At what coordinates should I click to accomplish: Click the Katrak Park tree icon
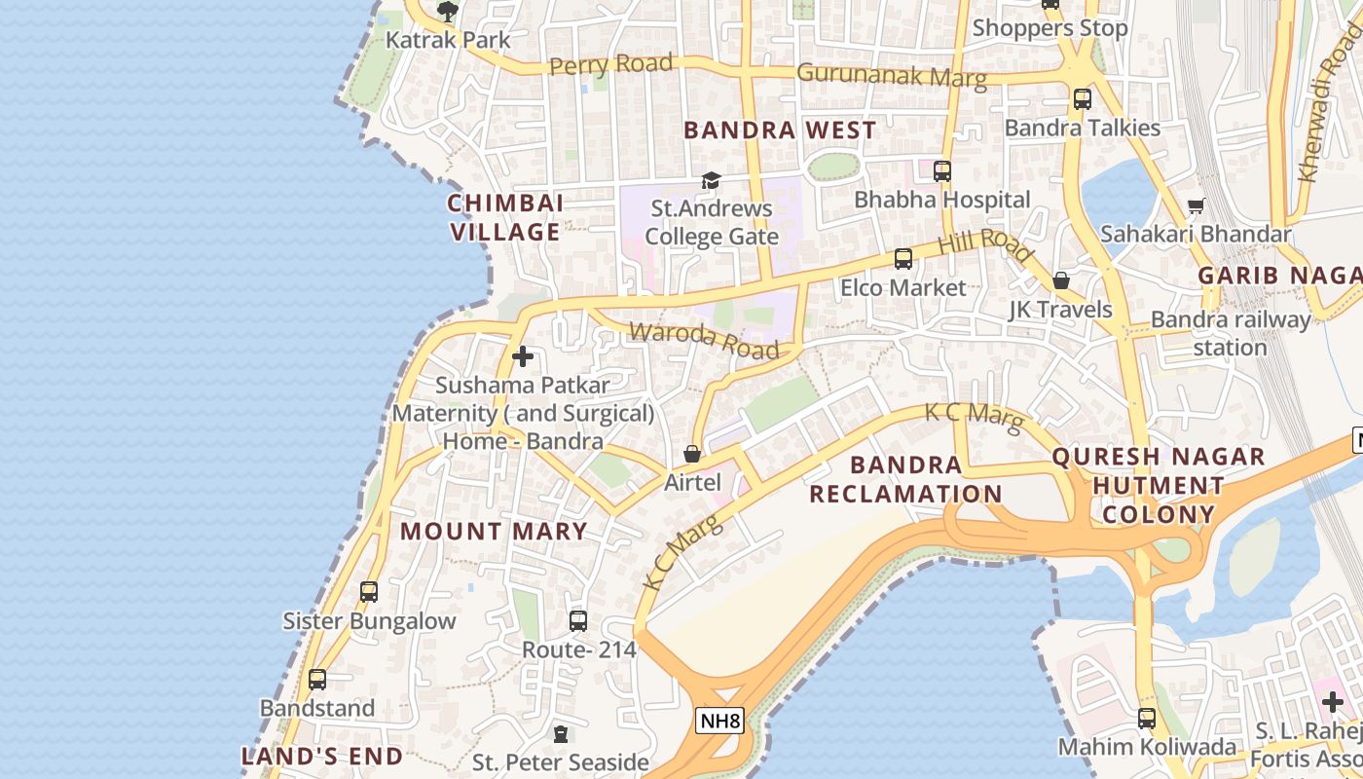(x=448, y=12)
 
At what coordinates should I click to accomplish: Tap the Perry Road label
(x=610, y=65)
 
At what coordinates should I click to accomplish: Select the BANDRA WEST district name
(x=780, y=130)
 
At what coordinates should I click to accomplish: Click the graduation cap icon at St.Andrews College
(x=712, y=180)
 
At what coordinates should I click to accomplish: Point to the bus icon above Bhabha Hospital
(x=941, y=171)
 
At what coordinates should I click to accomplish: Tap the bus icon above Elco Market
(x=903, y=259)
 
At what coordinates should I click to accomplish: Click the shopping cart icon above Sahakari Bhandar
(x=1196, y=205)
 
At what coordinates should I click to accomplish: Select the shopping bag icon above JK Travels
(x=1061, y=280)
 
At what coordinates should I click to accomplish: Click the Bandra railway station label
(x=1231, y=333)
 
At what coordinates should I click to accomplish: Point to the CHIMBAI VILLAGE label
(x=505, y=217)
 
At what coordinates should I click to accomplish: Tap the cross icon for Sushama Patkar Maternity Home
(x=523, y=356)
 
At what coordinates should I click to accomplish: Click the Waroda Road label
(x=704, y=339)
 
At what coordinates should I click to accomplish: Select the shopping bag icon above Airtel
(x=692, y=454)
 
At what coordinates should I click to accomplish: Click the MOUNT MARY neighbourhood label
(x=494, y=532)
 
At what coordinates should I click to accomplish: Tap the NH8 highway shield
(x=720, y=721)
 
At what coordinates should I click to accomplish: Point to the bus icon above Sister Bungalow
(x=369, y=591)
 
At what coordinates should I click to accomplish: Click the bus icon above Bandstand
(x=317, y=679)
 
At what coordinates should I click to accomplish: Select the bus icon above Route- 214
(x=578, y=620)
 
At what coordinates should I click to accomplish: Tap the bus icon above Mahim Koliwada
(x=1147, y=719)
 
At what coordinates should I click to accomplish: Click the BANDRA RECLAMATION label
(x=905, y=479)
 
